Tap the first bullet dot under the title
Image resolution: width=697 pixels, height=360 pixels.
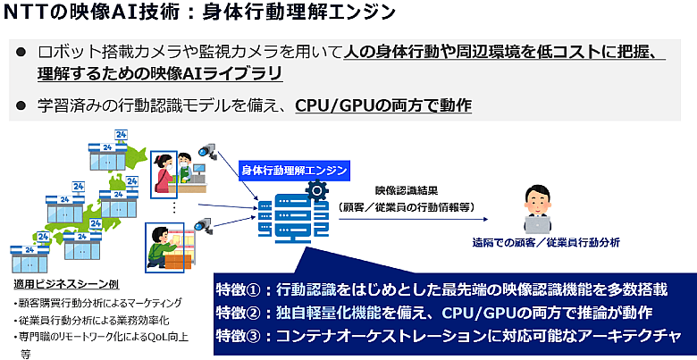click(x=21, y=53)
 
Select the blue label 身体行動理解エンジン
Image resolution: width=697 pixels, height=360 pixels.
click(x=294, y=168)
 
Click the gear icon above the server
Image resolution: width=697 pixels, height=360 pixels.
click(x=315, y=190)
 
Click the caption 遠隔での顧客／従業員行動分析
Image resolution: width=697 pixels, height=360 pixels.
click(x=547, y=242)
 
